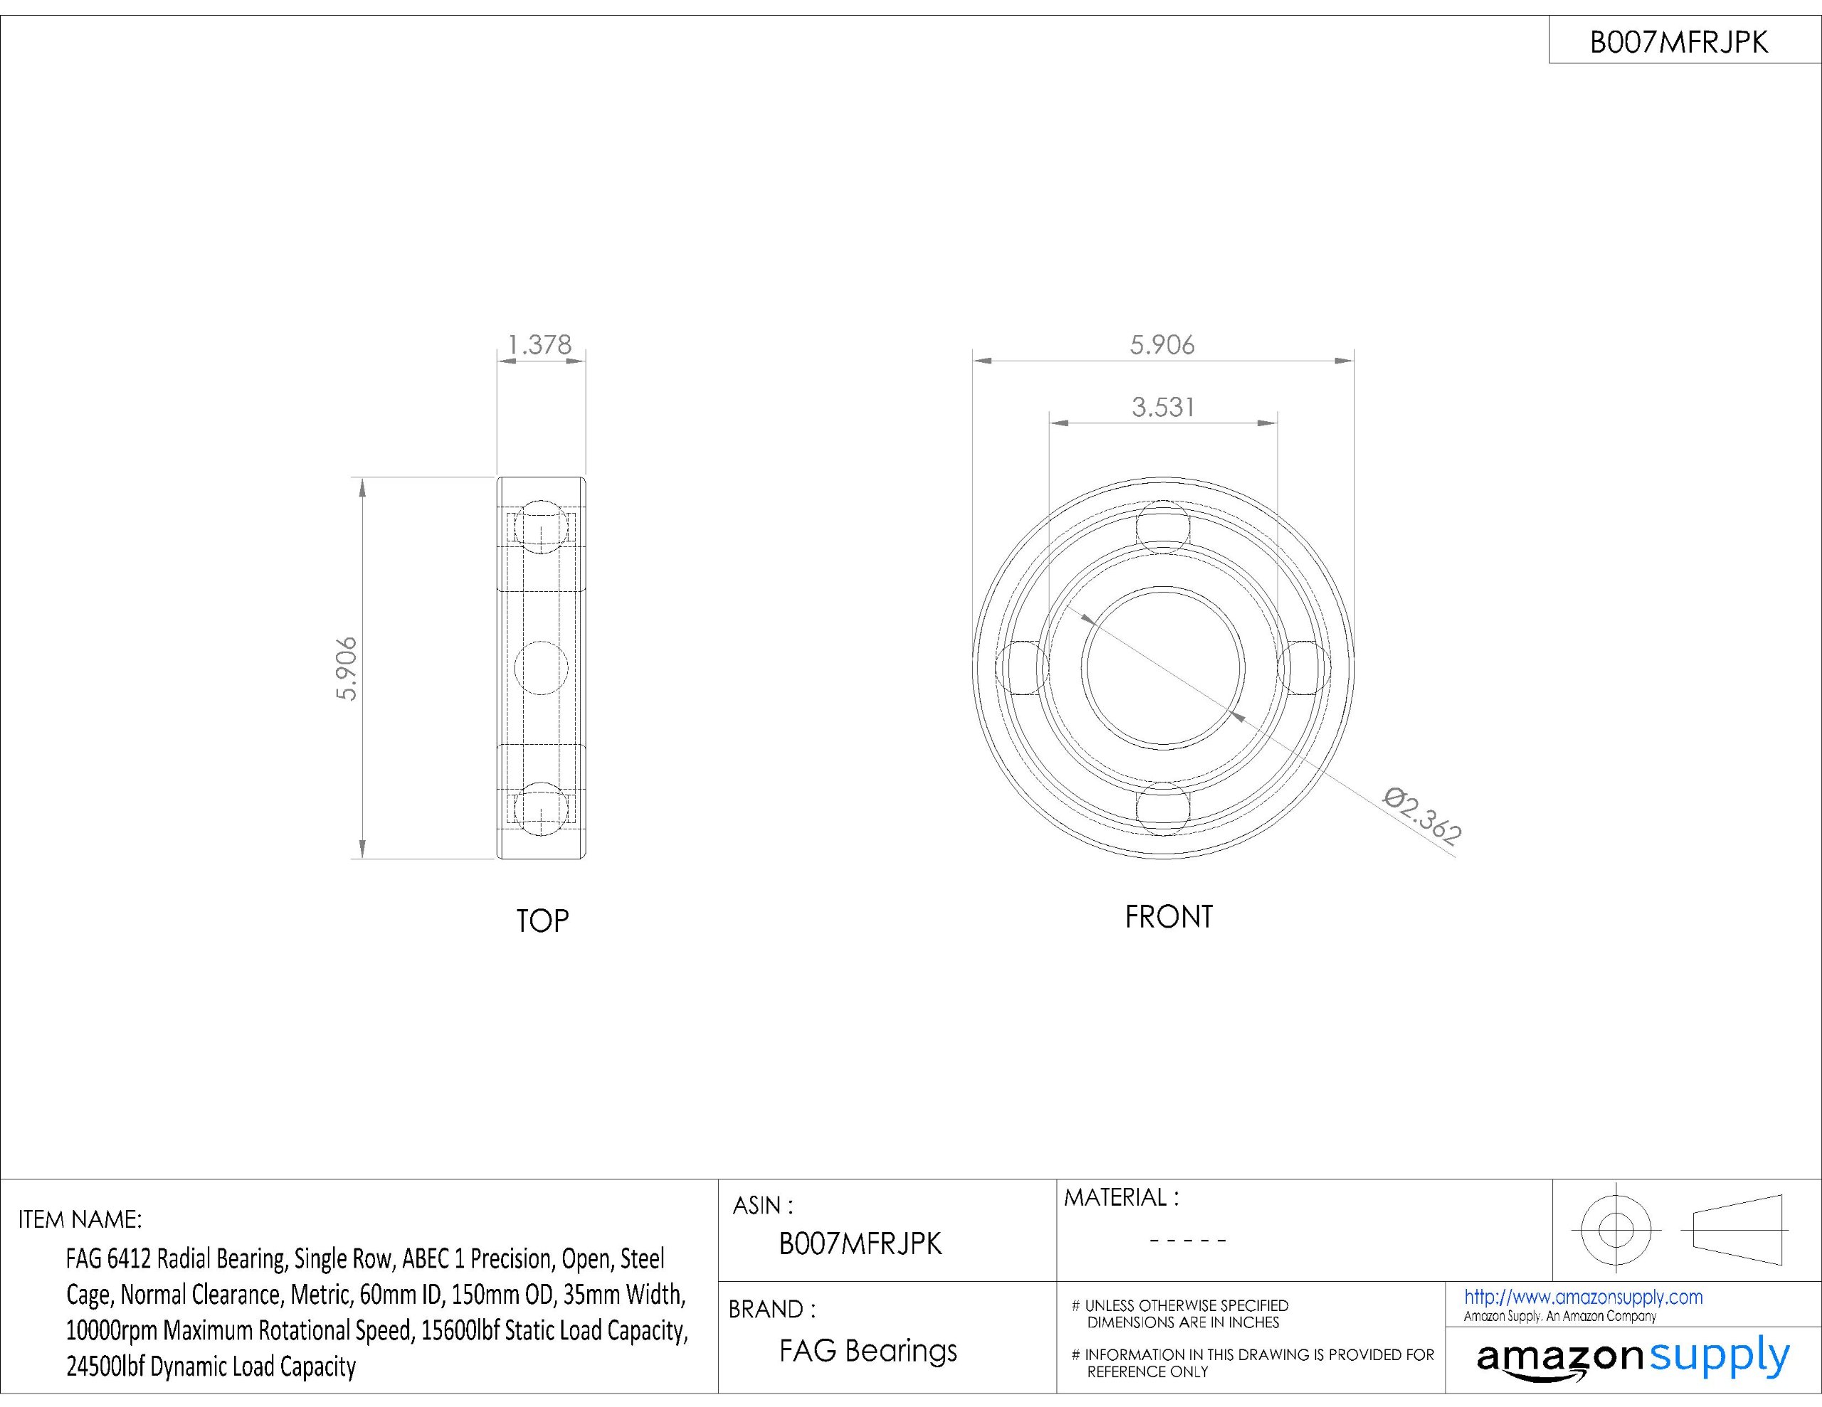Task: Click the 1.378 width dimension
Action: point(539,344)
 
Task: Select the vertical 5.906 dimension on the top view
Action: point(346,668)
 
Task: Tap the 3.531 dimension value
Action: point(1163,407)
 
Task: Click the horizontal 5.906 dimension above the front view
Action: point(1162,344)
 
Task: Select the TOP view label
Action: point(542,920)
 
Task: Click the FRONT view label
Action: point(1169,917)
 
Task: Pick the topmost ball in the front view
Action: point(1163,527)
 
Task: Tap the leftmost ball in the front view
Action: point(1023,667)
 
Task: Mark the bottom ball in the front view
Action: point(1163,807)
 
